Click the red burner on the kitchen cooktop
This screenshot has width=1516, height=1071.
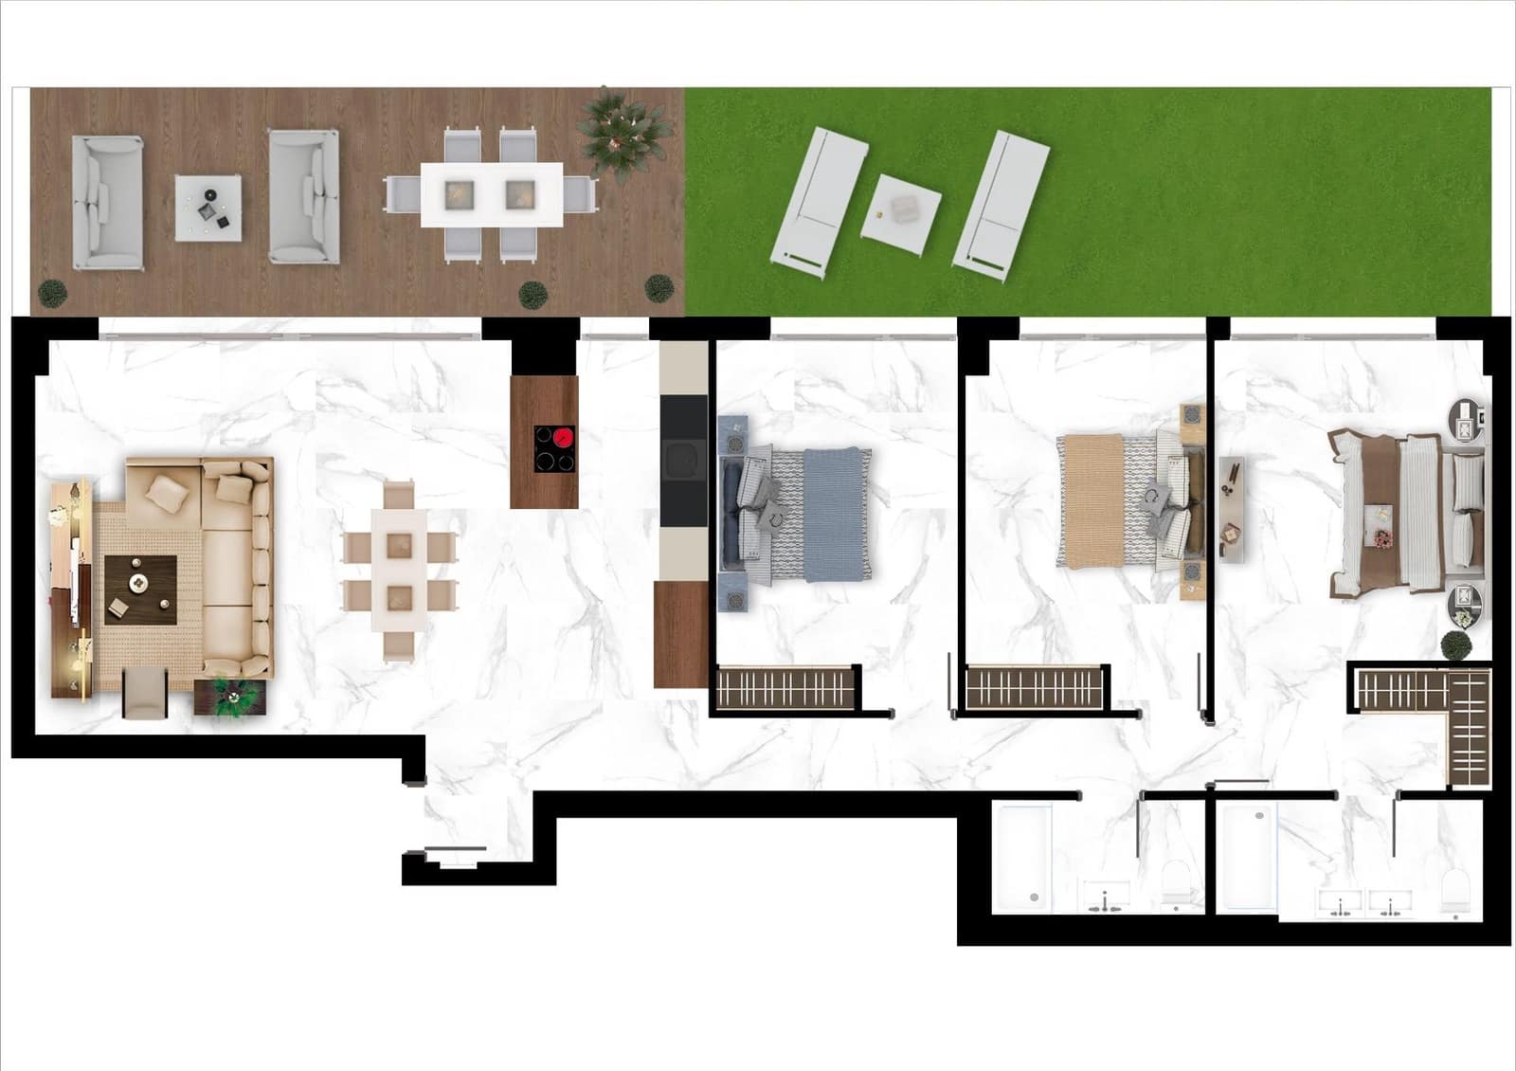click(565, 438)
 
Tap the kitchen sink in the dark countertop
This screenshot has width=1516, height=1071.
click(682, 461)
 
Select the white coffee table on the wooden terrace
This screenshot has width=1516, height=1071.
click(208, 208)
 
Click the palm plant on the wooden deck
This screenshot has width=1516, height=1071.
click(617, 133)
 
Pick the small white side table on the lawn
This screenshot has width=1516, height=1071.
click(901, 213)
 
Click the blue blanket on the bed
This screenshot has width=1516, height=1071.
click(836, 514)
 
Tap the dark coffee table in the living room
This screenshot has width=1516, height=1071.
click(140, 589)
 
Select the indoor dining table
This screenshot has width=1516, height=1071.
click(399, 572)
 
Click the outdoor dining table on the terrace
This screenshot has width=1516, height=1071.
click(492, 194)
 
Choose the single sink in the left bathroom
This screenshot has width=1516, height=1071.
click(1105, 897)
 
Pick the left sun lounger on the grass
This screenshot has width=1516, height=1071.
click(821, 197)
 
